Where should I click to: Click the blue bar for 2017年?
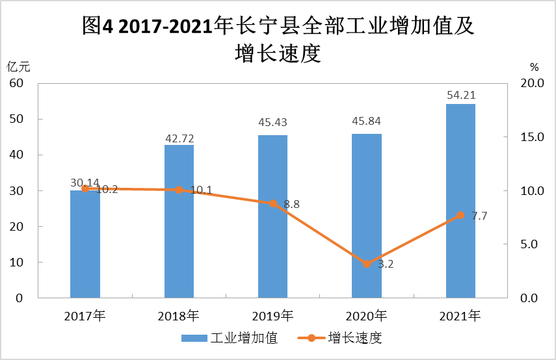(x=85, y=244)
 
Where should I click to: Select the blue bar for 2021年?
(x=460, y=201)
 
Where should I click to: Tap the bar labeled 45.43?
(x=272, y=216)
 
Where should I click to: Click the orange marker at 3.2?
(x=367, y=264)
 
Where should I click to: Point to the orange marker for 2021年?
(x=460, y=215)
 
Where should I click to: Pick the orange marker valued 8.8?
(x=272, y=203)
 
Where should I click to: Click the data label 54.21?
(x=461, y=95)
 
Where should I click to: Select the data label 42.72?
(x=179, y=138)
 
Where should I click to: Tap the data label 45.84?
(x=366, y=121)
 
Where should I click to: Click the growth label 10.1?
(x=201, y=190)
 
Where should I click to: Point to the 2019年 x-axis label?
(x=272, y=316)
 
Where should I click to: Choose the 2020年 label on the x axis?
(x=366, y=316)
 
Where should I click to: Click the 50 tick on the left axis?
(x=16, y=119)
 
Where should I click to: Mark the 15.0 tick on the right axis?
(x=532, y=136)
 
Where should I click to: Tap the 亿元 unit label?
(x=18, y=67)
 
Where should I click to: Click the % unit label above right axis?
(x=534, y=67)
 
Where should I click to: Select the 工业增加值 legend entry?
(x=230, y=338)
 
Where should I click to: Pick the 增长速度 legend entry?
(x=339, y=338)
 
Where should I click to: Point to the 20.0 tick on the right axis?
(x=532, y=83)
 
